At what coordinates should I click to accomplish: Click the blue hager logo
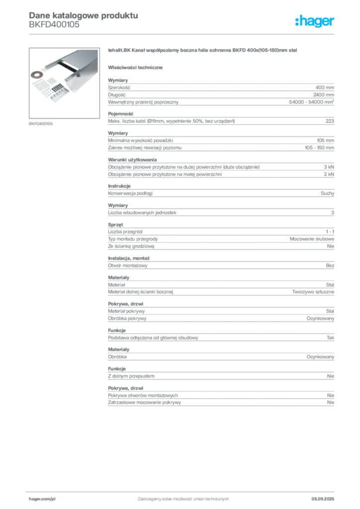pos(315,22)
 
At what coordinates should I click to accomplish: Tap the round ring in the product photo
pos(36,76)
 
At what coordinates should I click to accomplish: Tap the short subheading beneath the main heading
pos(137,67)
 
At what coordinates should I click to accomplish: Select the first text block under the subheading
pos(220,92)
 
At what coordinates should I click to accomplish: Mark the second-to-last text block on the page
pos(220,373)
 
